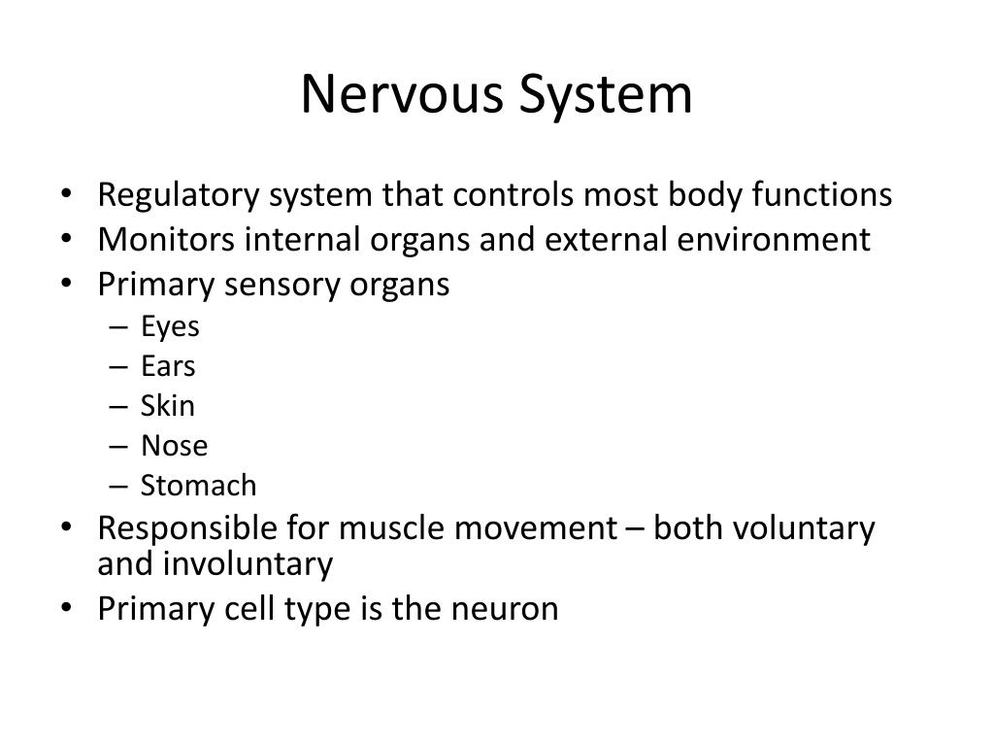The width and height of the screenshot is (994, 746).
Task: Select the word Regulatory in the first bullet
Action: (178, 195)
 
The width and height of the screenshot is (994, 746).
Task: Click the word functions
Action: (821, 195)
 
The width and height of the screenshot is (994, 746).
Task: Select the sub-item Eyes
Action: (170, 327)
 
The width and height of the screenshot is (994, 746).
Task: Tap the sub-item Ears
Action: (168, 366)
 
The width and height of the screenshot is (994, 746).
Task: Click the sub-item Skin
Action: (168, 405)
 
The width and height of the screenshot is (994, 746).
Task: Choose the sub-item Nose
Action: (174, 446)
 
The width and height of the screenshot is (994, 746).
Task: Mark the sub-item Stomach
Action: (198, 485)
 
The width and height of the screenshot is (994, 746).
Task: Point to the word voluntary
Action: (803, 528)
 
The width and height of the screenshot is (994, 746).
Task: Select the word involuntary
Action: (249, 563)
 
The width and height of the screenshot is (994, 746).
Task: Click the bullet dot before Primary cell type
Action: (65, 609)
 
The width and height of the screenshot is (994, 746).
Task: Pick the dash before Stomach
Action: (118, 485)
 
